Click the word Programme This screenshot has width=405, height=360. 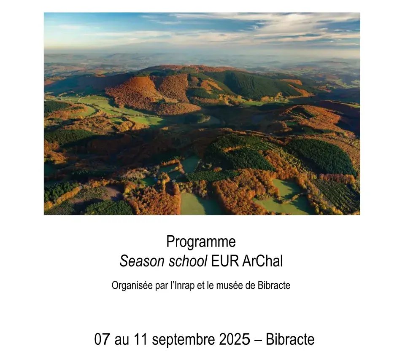coord(201,242)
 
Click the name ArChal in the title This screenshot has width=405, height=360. coord(263,261)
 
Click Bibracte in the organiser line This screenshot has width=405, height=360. coord(274,286)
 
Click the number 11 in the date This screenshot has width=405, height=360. coord(140,339)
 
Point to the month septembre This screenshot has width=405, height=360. coord(183,340)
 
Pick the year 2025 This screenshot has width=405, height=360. coord(235,339)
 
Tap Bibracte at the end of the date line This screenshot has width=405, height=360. coord(290,339)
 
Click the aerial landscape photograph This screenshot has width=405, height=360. coord(202,113)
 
